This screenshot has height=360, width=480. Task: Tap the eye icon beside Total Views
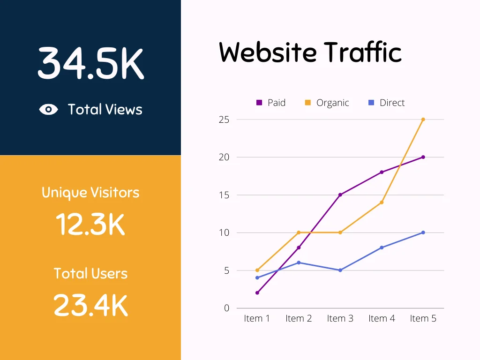49,110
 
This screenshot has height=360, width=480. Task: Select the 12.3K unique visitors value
90,225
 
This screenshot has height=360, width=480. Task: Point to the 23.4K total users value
90,305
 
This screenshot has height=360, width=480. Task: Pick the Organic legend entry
327,103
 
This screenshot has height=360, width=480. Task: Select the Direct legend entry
386,103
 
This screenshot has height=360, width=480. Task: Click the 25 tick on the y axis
224,120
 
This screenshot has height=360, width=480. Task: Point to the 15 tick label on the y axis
224,195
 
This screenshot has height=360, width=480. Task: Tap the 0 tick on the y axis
227,308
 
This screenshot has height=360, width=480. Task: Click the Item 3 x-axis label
340,319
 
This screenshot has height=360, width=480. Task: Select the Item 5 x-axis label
423,319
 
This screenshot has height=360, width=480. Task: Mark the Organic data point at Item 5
423,120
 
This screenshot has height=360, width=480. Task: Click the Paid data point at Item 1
257,293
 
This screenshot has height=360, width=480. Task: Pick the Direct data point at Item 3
340,270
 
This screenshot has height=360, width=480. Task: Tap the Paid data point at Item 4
382,172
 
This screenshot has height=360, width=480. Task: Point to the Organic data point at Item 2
299,232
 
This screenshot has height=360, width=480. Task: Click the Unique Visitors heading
90,193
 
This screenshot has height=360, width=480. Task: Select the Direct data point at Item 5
423,232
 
